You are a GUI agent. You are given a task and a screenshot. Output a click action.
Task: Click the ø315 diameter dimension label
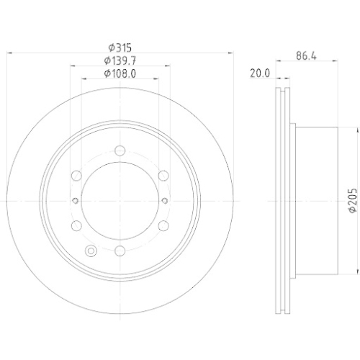(120, 47)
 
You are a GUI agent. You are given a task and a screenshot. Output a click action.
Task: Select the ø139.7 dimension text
(120, 60)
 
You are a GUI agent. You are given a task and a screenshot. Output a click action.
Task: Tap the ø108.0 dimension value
(120, 73)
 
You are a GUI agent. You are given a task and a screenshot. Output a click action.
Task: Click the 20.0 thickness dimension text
(259, 73)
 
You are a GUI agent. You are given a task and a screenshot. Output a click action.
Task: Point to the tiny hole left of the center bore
(74, 201)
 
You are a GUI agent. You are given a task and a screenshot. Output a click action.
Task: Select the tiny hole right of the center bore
(165, 201)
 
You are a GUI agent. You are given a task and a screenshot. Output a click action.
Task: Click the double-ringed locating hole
(91, 251)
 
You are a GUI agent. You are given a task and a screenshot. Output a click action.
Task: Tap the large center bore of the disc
(120, 201)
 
